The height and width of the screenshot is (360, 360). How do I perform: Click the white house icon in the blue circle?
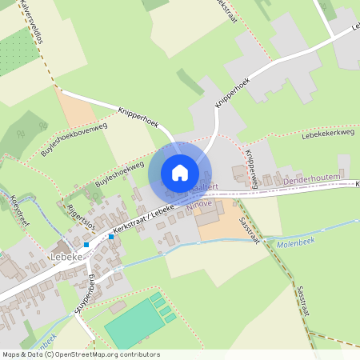[x=180, y=172]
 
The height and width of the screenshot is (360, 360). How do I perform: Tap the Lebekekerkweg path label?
[x=327, y=134]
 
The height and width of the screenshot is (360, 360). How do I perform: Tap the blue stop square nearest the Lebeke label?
[x=86, y=244]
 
